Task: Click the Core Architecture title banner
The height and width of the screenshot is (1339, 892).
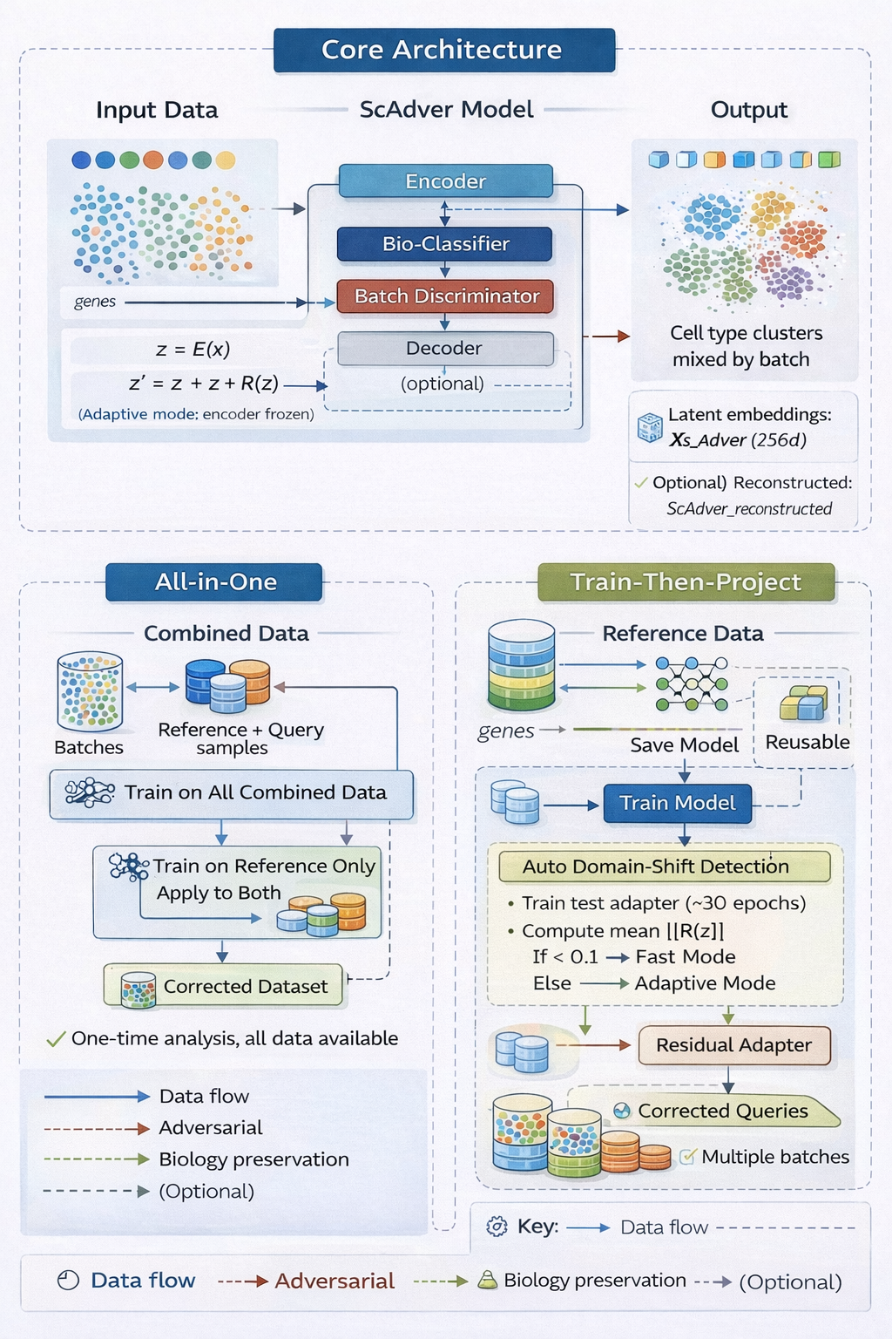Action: click(x=444, y=50)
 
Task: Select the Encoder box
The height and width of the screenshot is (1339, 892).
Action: click(x=445, y=181)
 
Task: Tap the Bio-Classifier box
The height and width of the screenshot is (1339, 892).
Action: click(x=445, y=244)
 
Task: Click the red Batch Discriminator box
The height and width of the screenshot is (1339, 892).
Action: click(x=446, y=296)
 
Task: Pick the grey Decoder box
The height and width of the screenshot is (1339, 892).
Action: click(x=445, y=349)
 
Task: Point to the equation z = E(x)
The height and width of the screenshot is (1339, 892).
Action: click(x=193, y=350)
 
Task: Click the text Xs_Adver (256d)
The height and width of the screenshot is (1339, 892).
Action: click(x=737, y=440)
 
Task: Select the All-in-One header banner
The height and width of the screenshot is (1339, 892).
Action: click(x=214, y=582)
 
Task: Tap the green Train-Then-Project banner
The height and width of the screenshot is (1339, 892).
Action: click(x=686, y=582)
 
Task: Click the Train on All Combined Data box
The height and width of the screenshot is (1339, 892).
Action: click(x=232, y=793)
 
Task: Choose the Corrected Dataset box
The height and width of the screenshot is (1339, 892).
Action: click(x=224, y=986)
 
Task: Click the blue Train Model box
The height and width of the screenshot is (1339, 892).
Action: click(x=677, y=803)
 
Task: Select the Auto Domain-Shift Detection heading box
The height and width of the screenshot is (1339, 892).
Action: click(x=664, y=867)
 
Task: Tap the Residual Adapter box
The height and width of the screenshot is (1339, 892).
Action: click(x=733, y=1045)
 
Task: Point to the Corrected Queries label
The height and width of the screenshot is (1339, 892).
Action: click(x=723, y=1111)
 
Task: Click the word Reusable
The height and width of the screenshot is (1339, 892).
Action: click(x=807, y=742)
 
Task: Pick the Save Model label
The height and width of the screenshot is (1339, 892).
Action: click(x=684, y=745)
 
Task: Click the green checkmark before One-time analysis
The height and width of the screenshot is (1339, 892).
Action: click(x=56, y=1039)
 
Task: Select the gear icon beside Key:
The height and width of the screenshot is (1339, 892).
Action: click(x=497, y=1227)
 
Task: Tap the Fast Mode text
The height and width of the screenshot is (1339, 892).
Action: click(x=686, y=957)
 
